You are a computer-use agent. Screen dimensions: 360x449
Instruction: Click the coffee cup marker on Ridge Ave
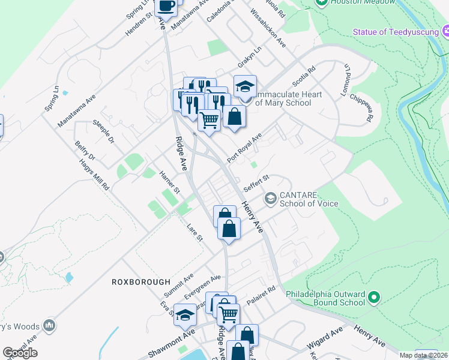(166, 6)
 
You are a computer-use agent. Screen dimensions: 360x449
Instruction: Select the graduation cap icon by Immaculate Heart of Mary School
(245, 86)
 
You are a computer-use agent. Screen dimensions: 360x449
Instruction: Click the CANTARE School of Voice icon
(271, 197)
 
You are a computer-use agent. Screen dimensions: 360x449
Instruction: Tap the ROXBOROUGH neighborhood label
(141, 281)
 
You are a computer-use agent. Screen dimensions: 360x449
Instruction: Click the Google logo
(20, 353)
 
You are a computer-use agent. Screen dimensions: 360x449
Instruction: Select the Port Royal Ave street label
(245, 148)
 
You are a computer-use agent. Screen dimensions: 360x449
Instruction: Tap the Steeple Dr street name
(103, 132)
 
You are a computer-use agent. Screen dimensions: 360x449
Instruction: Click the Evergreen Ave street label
(203, 286)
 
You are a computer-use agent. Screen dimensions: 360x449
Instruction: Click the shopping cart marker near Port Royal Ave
(209, 119)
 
